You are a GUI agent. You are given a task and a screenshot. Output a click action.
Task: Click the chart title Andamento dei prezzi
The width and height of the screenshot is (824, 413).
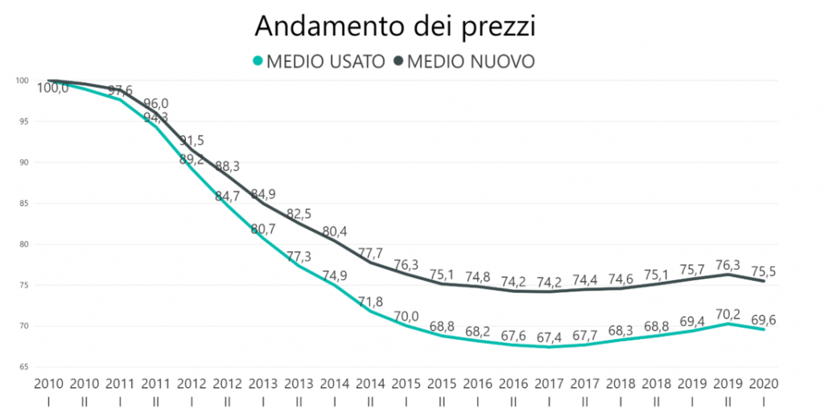coord(395,26)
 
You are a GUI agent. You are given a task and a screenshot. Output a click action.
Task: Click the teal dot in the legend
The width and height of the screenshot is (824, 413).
coord(257,62)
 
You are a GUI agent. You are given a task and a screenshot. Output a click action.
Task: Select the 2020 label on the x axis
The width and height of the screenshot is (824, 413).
coord(763,384)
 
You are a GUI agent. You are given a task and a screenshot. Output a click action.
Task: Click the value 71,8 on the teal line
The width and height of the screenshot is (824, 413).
coord(371,302)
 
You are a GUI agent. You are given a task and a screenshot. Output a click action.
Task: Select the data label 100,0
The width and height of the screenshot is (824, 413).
coord(53,89)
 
